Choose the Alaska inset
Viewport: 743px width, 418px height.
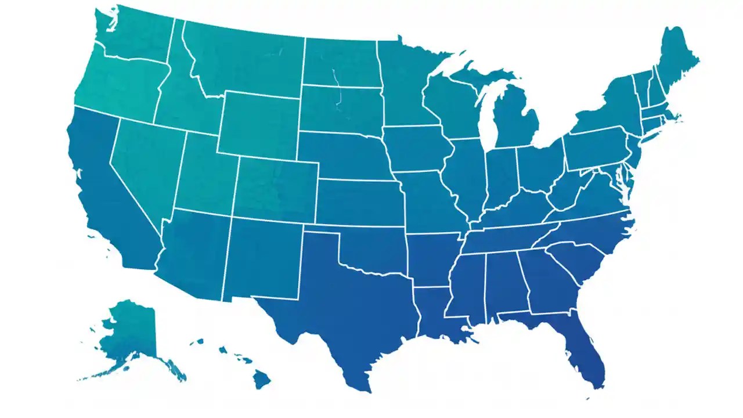pyautogui.click(x=131, y=331)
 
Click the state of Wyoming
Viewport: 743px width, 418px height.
pyautogui.click(x=258, y=125)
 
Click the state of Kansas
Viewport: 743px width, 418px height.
pyautogui.click(x=357, y=200)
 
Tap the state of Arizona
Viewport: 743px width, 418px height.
pyautogui.click(x=194, y=253)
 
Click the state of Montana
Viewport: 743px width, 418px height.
pyautogui.click(x=244, y=58)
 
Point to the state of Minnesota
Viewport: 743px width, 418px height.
pyautogui.click(x=406, y=81)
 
